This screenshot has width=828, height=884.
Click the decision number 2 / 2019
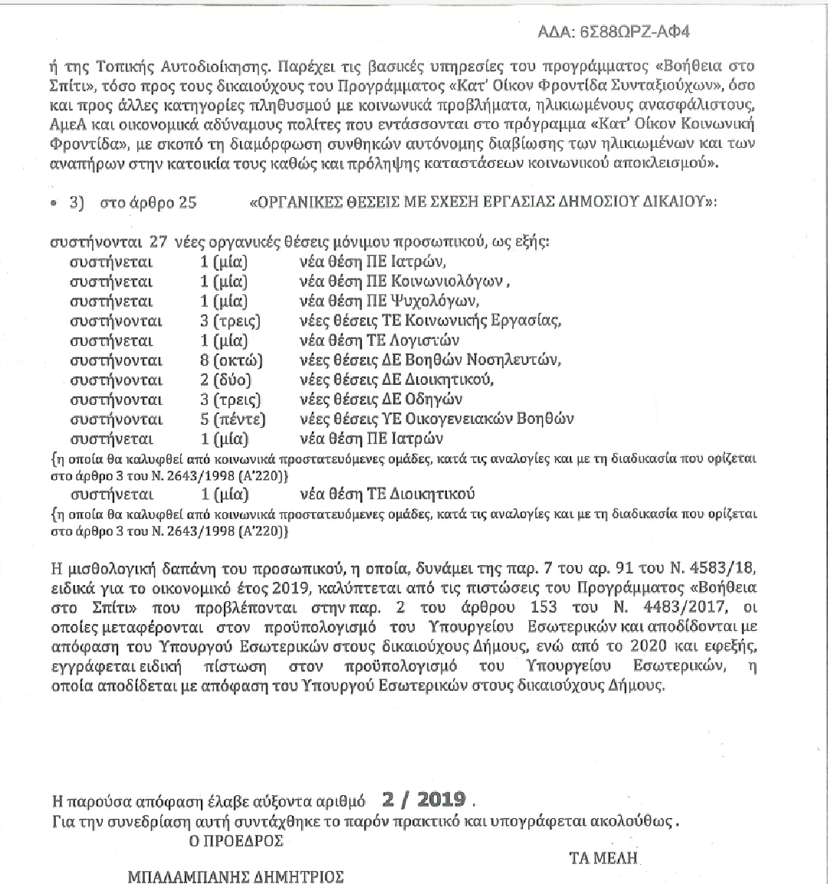(x=428, y=799)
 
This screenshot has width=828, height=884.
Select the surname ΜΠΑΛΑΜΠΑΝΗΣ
(x=195, y=876)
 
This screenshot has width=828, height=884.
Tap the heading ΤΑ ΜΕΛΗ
(x=603, y=857)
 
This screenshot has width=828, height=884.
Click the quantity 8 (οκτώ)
(x=231, y=360)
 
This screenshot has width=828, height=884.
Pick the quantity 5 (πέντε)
(x=232, y=419)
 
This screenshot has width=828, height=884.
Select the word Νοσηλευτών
(x=520, y=360)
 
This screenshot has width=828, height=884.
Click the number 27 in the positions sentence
(x=159, y=242)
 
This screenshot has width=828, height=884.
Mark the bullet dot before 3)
(x=52, y=204)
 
